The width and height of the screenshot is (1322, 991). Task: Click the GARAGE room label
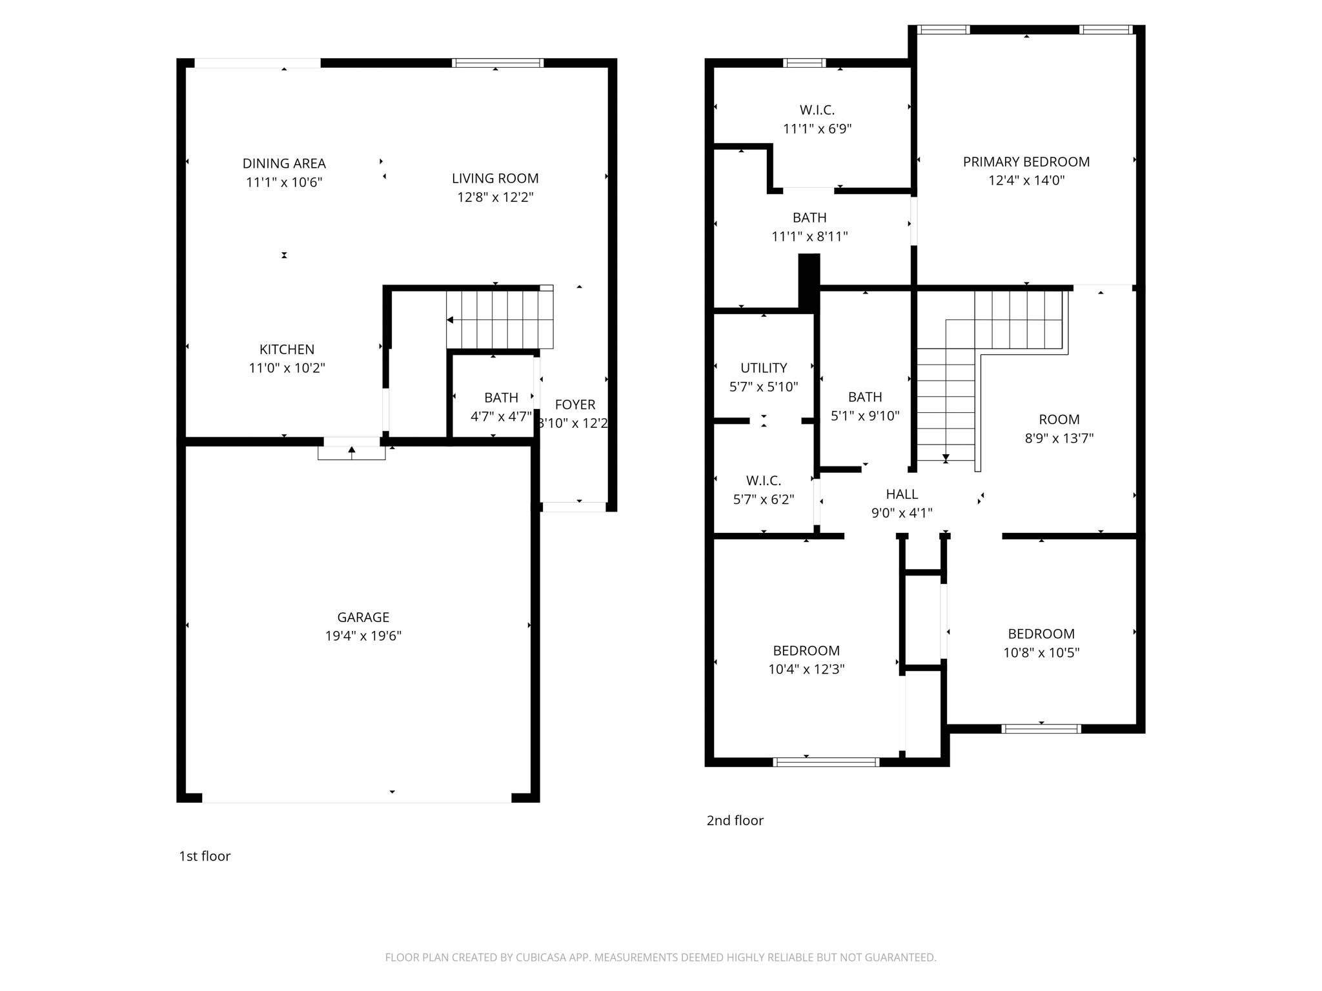(x=363, y=617)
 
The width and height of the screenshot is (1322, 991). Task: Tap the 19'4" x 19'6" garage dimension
(x=363, y=636)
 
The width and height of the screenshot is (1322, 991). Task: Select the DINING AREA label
(x=284, y=163)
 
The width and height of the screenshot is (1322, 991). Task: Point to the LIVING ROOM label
(x=495, y=178)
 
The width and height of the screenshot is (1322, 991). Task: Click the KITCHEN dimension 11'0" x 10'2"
(x=287, y=368)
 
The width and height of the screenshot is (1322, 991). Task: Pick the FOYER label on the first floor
(x=575, y=405)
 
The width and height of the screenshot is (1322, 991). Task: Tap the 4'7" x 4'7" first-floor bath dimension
(x=501, y=417)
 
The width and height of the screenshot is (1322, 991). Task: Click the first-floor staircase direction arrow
(x=451, y=320)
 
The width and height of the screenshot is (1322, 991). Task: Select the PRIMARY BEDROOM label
(x=1026, y=162)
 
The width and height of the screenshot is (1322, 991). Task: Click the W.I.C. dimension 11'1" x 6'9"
(x=817, y=129)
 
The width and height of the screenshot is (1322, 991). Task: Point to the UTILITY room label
(x=763, y=368)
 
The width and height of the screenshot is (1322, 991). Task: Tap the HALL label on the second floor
(x=901, y=494)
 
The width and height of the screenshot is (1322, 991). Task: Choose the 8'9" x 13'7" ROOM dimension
(x=1059, y=439)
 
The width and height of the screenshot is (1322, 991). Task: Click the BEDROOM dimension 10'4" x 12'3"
(x=806, y=670)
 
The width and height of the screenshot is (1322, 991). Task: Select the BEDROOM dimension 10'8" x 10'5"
(x=1041, y=653)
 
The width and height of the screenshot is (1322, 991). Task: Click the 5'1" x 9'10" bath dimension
(x=864, y=416)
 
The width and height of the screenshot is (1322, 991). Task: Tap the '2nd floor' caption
(x=735, y=821)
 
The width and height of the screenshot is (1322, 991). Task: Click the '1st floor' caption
(x=204, y=856)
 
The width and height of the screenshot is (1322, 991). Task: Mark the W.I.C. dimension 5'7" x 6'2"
(x=763, y=499)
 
